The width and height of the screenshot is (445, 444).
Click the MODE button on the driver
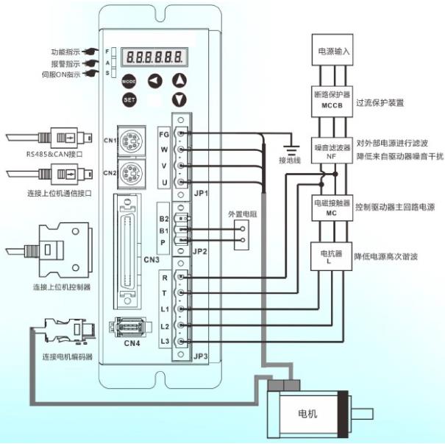click(129, 80)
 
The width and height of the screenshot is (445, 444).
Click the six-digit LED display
click(154, 56)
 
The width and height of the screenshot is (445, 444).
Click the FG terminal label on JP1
click(165, 135)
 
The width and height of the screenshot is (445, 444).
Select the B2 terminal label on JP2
click(164, 218)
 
